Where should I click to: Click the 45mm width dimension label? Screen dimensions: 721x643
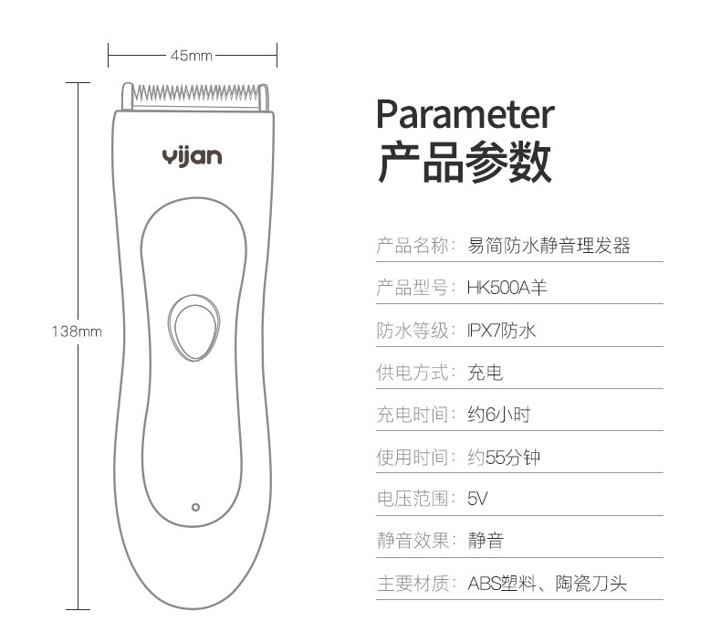click(191, 56)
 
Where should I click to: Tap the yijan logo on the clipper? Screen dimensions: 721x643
click(192, 156)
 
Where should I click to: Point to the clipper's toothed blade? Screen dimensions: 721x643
click(195, 95)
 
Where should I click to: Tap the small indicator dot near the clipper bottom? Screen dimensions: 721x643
click(194, 506)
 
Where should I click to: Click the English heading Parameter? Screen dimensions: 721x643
click(465, 115)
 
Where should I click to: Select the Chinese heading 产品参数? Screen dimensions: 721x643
click(465, 163)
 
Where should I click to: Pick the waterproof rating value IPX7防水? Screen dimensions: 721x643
click(501, 330)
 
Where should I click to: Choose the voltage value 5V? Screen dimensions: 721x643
click(478, 499)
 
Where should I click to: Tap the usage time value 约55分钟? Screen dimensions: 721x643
click(504, 457)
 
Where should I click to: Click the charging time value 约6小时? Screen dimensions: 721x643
click(498, 415)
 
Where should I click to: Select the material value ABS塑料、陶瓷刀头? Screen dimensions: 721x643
click(547, 583)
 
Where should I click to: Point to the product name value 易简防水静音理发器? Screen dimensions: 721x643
click(549, 246)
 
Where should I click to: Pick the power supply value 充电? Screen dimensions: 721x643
click(485, 373)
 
